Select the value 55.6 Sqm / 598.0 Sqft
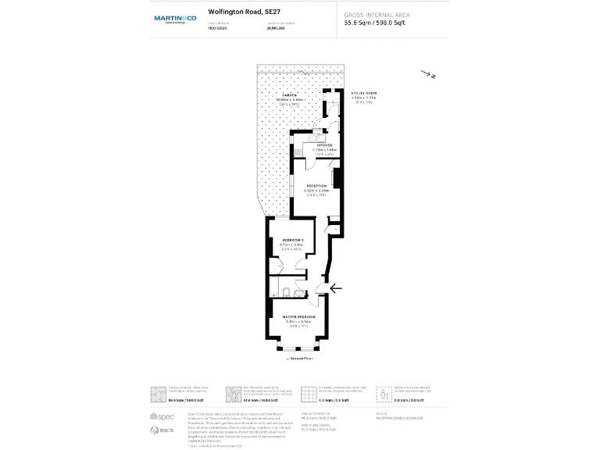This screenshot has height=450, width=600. click(x=375, y=23)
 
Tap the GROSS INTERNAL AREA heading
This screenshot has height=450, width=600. click(x=377, y=14)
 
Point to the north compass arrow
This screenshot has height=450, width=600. click(x=427, y=75)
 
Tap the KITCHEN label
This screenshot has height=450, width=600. click(x=323, y=146)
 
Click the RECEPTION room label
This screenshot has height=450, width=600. click(x=316, y=186)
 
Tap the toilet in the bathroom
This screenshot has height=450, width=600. click(x=288, y=292)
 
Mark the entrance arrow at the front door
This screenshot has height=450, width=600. click(x=336, y=288)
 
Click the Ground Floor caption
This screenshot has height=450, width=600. click(x=301, y=357)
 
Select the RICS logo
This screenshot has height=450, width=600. click(x=161, y=430)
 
